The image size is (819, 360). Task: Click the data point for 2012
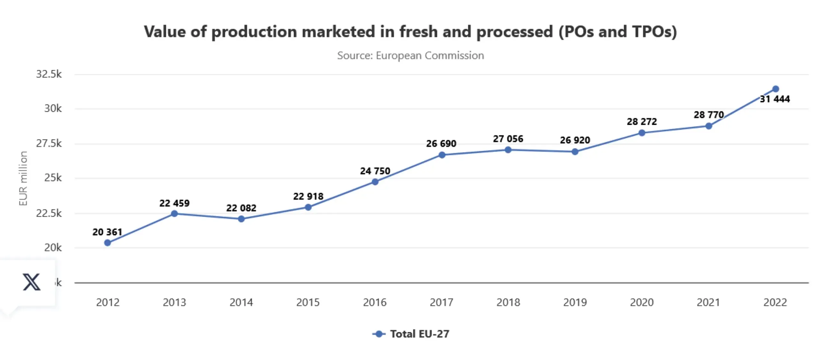point(108,243)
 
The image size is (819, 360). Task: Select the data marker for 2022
point(775,89)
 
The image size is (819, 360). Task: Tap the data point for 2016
point(375,182)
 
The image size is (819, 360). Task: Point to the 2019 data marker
point(575,152)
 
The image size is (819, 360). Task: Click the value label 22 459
point(174,203)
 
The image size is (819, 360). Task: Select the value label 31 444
point(775,99)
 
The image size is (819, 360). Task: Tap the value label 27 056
point(508,139)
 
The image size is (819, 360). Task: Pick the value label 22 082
point(241,208)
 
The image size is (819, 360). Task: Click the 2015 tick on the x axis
point(308,302)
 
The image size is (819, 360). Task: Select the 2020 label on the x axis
point(642,302)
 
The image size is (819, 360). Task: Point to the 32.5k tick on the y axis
point(49,74)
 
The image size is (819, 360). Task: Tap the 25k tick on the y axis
point(53,178)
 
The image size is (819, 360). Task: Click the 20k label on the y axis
point(53,247)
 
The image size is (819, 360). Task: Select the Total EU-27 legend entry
point(411,334)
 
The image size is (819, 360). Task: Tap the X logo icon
point(31,282)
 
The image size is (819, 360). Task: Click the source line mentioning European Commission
point(410,56)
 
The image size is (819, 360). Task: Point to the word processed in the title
point(514,32)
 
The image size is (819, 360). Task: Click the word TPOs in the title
point(654,32)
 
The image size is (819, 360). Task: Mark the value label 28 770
point(708,115)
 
